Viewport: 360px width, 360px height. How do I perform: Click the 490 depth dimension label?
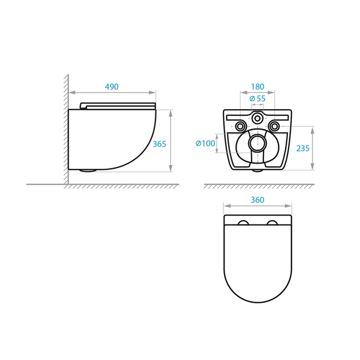[112, 87]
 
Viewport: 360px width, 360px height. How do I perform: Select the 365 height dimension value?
[159, 144]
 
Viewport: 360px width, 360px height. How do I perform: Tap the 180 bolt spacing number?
[258, 87]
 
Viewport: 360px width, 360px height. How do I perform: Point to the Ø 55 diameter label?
[258, 98]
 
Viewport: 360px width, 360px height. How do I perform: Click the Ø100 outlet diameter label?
[205, 143]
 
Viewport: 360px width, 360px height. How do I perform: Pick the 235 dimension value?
[303, 149]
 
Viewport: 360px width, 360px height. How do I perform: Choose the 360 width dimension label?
[257, 200]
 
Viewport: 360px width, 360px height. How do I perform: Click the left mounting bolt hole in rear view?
[241, 126]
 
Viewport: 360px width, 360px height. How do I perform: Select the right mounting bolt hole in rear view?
[274, 126]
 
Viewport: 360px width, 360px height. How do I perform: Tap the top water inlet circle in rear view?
[257, 118]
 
